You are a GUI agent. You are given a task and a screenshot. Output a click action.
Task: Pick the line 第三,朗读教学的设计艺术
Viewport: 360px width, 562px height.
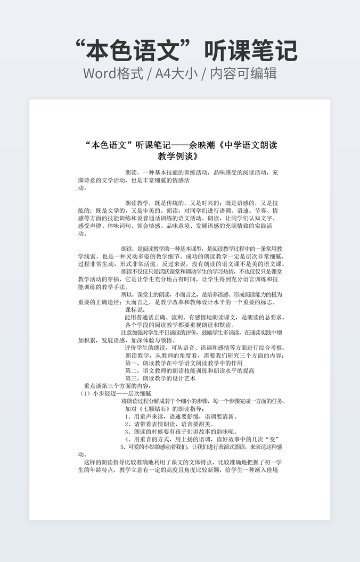(x=160, y=378)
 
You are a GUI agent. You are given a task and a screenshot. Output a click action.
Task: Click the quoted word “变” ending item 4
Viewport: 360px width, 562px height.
(x=272, y=440)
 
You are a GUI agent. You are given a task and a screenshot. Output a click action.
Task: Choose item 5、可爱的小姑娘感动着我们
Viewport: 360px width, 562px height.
(x=202, y=447)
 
